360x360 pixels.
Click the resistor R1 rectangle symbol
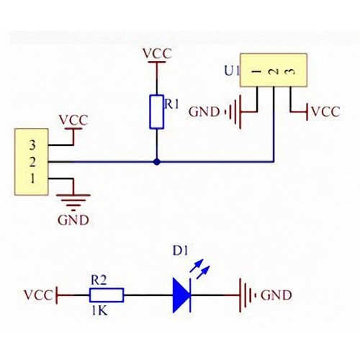[x=157, y=112]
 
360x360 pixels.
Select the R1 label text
[x=171, y=105]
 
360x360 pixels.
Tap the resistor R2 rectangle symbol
[x=107, y=295]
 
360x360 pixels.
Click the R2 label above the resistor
[x=99, y=281]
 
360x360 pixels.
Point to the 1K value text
[x=99, y=311]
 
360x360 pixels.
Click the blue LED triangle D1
[x=181, y=295]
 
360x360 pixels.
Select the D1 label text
[x=181, y=251]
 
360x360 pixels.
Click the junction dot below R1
[x=157, y=162]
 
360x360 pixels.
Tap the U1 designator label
[x=232, y=71]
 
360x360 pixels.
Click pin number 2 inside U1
[x=274, y=71]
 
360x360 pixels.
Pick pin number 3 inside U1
[x=291, y=71]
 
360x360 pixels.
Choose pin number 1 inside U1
[x=256, y=71]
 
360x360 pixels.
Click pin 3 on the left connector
[x=32, y=145]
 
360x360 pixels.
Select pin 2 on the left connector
[x=32, y=162]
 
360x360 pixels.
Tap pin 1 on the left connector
[x=32, y=179]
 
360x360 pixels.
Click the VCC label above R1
[x=157, y=53]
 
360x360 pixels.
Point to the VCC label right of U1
[x=325, y=112]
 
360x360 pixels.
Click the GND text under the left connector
[x=73, y=220]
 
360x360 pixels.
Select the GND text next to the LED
[x=276, y=295]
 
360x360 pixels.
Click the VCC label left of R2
[x=38, y=295]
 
